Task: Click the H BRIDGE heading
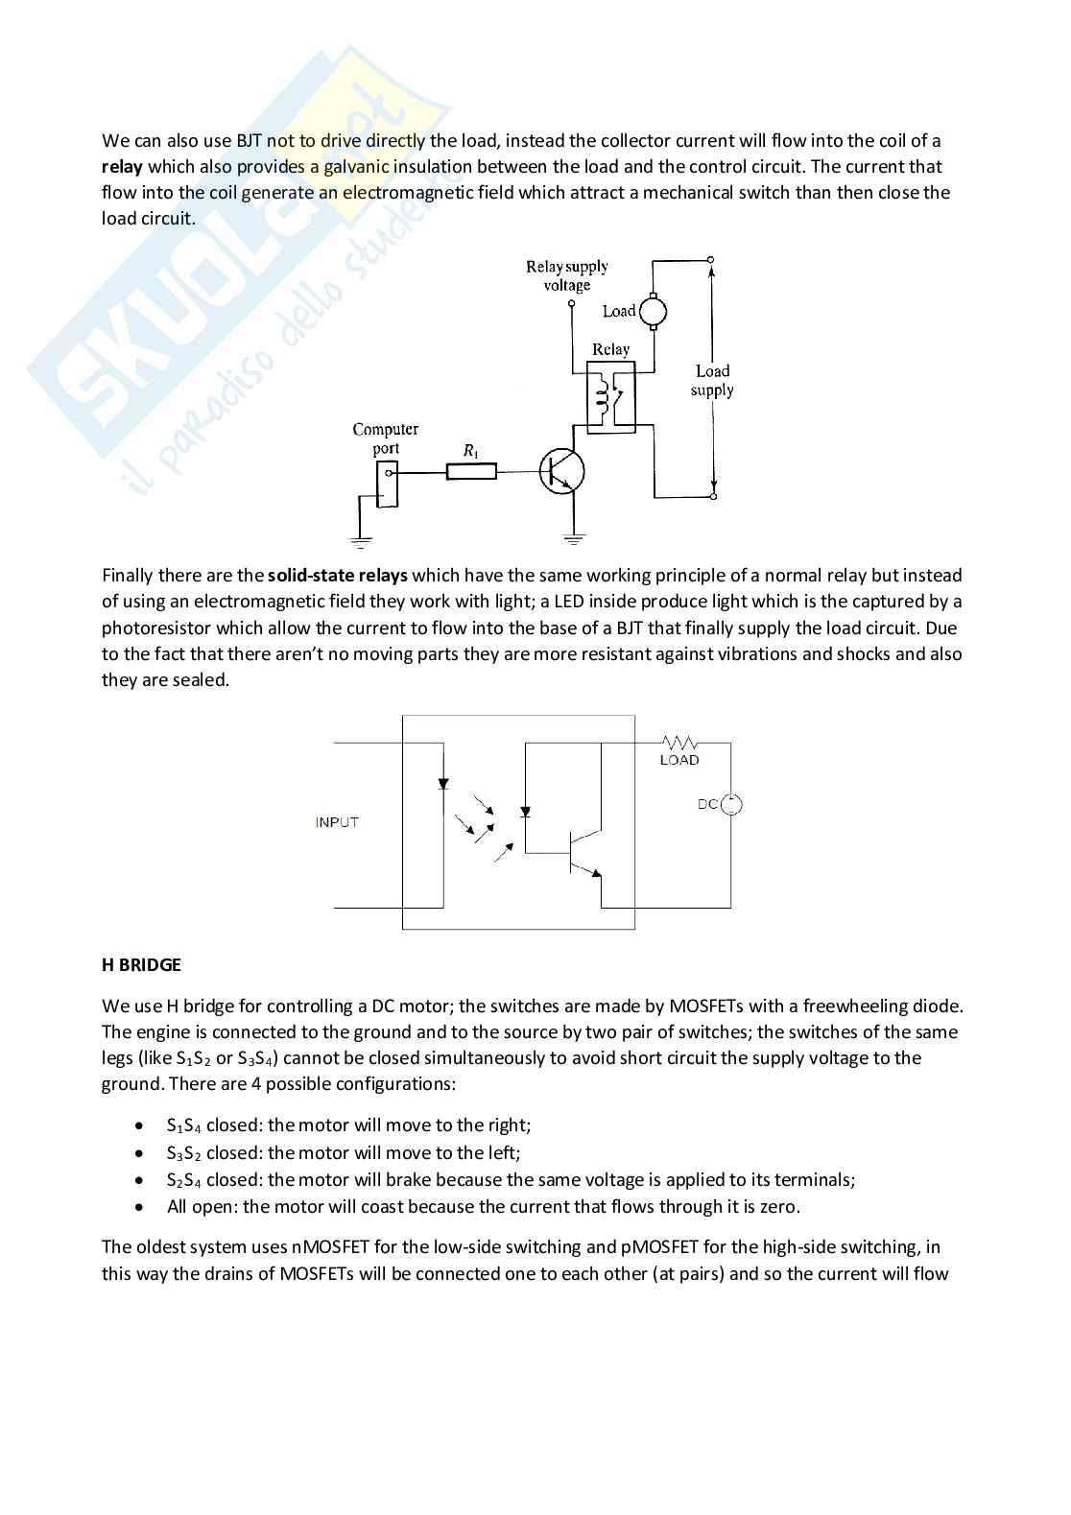pyautogui.click(x=141, y=964)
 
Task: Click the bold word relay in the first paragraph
pyautogui.click(x=122, y=167)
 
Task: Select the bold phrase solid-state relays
pyautogui.click(x=337, y=576)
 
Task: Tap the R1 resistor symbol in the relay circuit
pyautogui.click(x=471, y=470)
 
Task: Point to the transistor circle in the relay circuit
pyautogui.click(x=562, y=471)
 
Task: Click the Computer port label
pyautogui.click(x=385, y=438)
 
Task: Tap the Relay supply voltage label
pyautogui.click(x=566, y=275)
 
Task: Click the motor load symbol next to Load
pyautogui.click(x=653, y=310)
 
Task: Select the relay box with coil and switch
pyautogui.click(x=610, y=397)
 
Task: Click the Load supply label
pyautogui.click(x=712, y=380)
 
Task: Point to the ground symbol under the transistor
pyautogui.click(x=574, y=538)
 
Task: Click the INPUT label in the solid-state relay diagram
pyautogui.click(x=337, y=822)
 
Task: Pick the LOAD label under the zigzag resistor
pyautogui.click(x=679, y=760)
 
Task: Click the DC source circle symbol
pyautogui.click(x=731, y=805)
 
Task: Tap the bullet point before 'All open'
pyautogui.click(x=141, y=1207)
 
